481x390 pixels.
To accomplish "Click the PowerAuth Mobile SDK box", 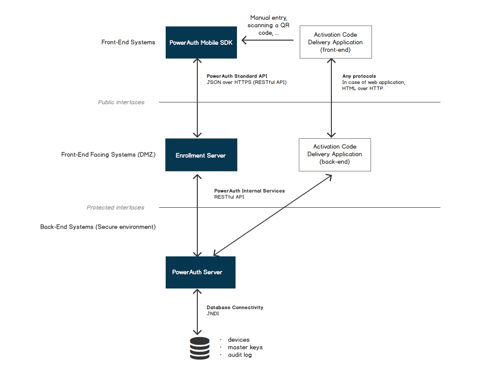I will [x=201, y=42].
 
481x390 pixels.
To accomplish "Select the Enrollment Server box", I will [x=201, y=155].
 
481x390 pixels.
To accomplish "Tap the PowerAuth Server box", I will [x=200, y=272].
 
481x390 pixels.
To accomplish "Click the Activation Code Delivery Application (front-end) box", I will [x=335, y=42].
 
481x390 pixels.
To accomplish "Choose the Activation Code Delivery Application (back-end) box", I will [x=335, y=154].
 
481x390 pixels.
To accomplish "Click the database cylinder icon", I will [x=199, y=348].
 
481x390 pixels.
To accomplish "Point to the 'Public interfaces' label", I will [x=121, y=102].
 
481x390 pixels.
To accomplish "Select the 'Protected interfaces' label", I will [x=116, y=208].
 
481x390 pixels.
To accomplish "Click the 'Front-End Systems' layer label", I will [x=128, y=42].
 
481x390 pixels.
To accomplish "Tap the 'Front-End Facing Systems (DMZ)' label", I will [x=109, y=155].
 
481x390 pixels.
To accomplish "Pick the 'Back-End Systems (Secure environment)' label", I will [x=98, y=227].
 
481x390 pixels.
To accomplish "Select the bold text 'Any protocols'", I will [x=359, y=76].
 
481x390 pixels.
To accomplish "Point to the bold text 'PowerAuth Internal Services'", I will [x=249, y=191].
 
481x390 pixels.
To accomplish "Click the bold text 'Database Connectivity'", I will [x=235, y=307].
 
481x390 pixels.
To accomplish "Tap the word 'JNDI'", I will [x=213, y=314].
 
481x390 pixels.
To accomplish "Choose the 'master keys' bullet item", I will [x=245, y=348].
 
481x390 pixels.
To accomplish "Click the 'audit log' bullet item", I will [x=240, y=355].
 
